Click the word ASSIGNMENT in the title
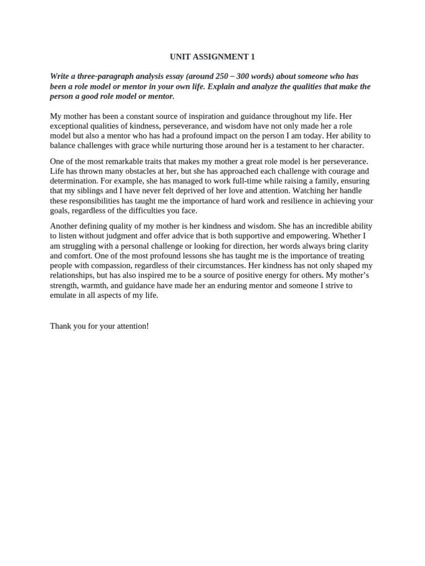(x=219, y=57)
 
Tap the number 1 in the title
(x=253, y=57)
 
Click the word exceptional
(x=70, y=126)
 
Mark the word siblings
(x=95, y=191)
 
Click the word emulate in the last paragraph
(x=64, y=295)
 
